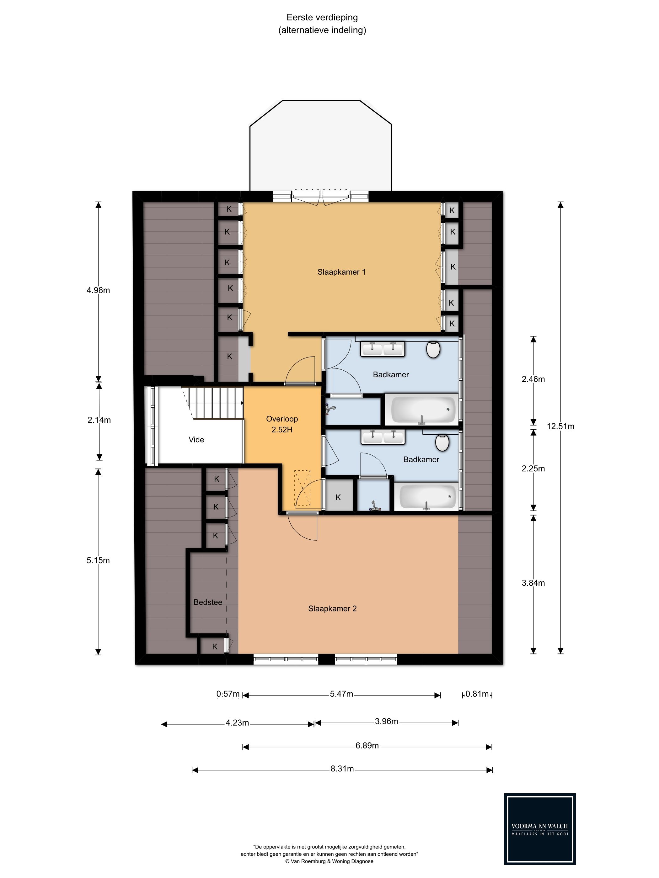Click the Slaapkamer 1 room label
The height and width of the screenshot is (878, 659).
(341, 272)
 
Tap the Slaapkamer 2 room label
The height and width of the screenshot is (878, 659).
(332, 609)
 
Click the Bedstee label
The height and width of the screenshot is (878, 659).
(208, 602)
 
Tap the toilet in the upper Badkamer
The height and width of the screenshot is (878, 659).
(433, 349)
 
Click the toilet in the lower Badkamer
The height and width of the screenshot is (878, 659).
(442, 442)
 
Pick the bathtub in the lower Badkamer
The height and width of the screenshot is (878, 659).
(428, 497)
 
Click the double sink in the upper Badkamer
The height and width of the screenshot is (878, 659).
(383, 349)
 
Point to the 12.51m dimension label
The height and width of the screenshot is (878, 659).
(560, 426)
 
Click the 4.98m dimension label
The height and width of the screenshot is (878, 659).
(98, 290)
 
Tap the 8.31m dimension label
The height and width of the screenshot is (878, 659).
(342, 769)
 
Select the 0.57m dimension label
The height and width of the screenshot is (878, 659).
(228, 694)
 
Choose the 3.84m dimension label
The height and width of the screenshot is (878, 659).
(533, 583)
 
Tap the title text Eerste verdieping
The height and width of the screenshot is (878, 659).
(322, 18)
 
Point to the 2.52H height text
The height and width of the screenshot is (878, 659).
(282, 430)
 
